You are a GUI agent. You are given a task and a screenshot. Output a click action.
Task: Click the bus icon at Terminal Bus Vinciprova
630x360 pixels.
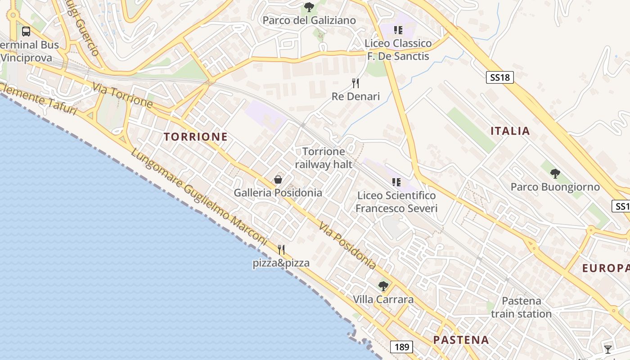(x=26, y=31)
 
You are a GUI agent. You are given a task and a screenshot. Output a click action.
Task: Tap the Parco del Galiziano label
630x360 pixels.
(x=309, y=20)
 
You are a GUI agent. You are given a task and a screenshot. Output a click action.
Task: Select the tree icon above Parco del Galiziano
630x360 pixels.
(x=309, y=7)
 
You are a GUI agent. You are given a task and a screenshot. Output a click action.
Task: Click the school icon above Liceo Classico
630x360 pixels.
(x=398, y=30)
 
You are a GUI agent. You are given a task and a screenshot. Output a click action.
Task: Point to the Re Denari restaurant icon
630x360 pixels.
(x=355, y=83)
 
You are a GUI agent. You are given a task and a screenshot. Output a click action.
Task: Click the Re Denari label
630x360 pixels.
(x=355, y=96)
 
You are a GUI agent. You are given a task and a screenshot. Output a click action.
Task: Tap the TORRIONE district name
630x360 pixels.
(x=195, y=137)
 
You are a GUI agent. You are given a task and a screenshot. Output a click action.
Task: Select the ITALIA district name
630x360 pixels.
(x=510, y=131)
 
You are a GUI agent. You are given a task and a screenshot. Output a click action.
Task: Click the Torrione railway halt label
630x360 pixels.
(x=324, y=158)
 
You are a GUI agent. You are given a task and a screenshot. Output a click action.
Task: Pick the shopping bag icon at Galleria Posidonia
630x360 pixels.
(x=278, y=180)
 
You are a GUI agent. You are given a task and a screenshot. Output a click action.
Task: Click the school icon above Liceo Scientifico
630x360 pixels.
(x=396, y=182)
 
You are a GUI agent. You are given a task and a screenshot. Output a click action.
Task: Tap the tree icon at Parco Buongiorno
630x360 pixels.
(x=555, y=173)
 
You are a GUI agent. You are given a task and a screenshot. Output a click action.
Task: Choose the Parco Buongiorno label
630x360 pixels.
(x=555, y=187)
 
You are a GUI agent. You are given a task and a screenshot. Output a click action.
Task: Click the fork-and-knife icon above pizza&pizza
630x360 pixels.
(x=281, y=249)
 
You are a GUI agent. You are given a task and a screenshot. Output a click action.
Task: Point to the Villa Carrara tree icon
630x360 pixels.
(x=383, y=286)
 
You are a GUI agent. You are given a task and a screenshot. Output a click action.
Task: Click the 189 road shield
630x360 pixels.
(x=401, y=347)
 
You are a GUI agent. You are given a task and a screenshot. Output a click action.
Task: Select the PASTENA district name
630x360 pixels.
(x=461, y=340)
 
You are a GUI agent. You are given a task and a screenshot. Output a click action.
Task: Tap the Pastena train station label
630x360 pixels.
(x=521, y=307)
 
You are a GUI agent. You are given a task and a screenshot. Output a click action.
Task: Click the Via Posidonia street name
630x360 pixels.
(x=347, y=245)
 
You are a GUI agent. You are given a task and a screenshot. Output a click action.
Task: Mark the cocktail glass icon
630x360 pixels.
(x=608, y=349)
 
